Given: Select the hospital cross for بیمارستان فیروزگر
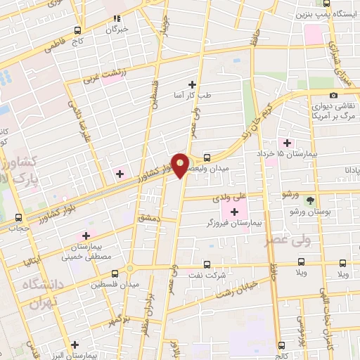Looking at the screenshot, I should pos(234,212).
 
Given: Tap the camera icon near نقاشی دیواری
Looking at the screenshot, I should pos(333,96).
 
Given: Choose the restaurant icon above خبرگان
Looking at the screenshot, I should pos(117,19).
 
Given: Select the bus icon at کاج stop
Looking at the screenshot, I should pos(77,30).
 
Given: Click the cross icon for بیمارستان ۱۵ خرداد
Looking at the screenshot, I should pos(287,143).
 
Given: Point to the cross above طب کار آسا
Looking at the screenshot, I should pos(193,84).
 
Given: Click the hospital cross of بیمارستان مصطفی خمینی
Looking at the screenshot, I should pos(86,236).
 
